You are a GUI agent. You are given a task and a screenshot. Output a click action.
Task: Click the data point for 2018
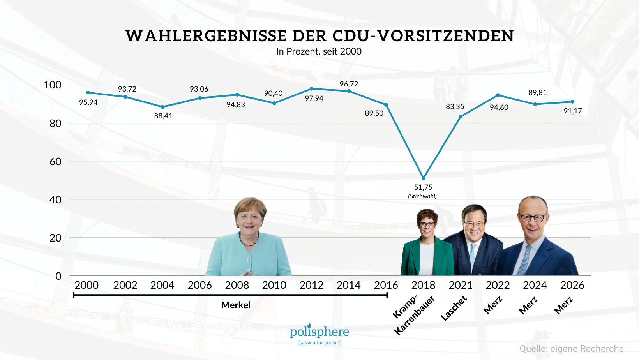424,178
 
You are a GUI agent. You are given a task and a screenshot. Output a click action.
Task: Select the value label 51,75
423,187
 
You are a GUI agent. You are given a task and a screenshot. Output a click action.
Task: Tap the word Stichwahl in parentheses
422,196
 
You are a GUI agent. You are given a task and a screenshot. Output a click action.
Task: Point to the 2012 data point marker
312,89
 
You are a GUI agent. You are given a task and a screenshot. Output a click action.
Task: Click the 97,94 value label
314,99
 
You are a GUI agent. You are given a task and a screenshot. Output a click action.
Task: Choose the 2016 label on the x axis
386,285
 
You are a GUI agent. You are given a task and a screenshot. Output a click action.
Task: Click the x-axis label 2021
461,285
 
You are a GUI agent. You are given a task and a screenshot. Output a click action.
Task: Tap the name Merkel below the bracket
236,305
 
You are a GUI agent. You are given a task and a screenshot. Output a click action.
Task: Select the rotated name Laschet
454,308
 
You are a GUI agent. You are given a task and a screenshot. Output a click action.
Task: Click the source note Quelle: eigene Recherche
571,349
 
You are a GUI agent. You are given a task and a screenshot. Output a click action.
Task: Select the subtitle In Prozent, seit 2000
319,51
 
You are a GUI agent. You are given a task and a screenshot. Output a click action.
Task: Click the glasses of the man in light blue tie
475,224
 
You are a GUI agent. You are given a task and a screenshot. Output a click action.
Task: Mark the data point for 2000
88,93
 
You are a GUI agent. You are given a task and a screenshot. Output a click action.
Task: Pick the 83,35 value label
455,107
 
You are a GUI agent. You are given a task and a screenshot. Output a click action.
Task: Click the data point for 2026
572,102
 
